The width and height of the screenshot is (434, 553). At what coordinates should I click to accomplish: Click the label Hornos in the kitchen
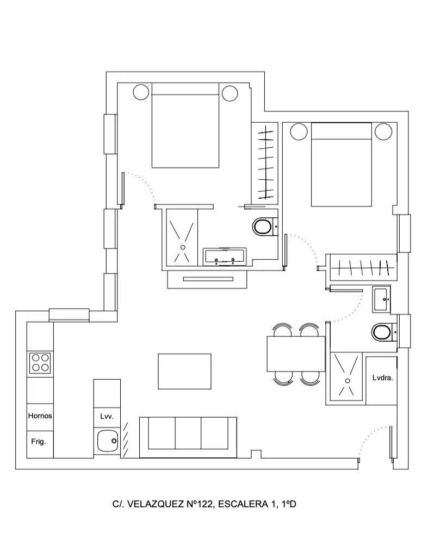(x=40, y=416)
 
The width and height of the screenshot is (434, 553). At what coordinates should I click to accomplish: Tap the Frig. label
(x=38, y=442)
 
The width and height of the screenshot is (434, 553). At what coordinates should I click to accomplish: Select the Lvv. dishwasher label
(x=106, y=417)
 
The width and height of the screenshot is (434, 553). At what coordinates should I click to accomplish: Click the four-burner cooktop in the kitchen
(x=40, y=362)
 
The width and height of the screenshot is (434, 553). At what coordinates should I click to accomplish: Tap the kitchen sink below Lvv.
(x=106, y=441)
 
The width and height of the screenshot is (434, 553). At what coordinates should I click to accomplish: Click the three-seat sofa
(x=188, y=433)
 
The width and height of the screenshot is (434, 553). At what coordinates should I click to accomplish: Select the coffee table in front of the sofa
(x=184, y=371)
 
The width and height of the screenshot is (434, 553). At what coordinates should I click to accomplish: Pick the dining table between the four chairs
(x=295, y=354)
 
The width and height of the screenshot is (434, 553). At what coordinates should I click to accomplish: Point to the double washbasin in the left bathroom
(x=225, y=256)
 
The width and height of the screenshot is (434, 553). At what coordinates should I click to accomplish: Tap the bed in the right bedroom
(x=341, y=165)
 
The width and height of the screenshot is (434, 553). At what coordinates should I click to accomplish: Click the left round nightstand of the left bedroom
(x=140, y=92)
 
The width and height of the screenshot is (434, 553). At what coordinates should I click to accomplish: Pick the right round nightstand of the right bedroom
(x=383, y=131)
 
